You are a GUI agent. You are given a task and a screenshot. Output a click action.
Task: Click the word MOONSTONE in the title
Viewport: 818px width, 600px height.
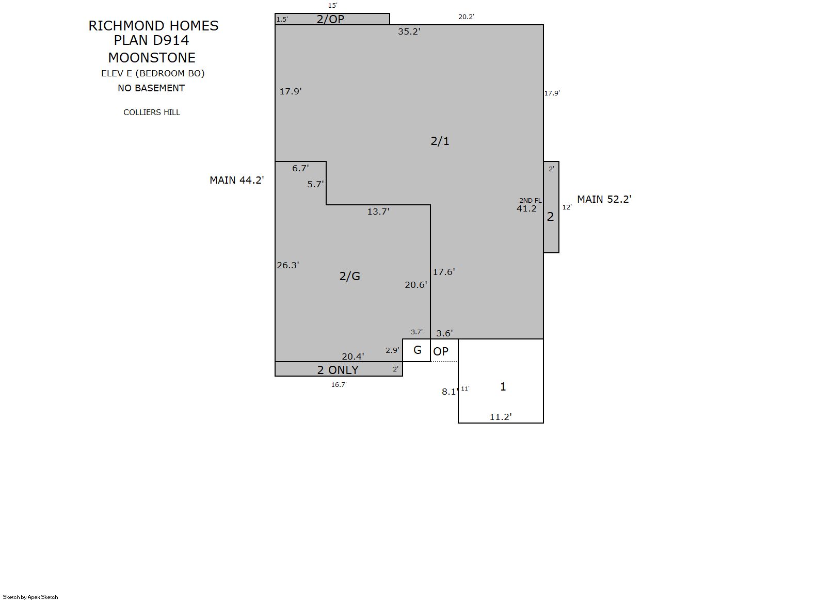click(152, 58)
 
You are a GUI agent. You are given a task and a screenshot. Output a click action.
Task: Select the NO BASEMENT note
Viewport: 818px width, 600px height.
click(151, 88)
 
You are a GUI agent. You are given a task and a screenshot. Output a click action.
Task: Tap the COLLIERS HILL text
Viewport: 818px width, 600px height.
click(152, 112)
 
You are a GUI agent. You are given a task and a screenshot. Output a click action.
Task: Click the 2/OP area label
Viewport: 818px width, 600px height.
click(330, 19)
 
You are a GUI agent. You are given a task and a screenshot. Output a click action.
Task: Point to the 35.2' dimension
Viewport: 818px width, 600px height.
click(409, 31)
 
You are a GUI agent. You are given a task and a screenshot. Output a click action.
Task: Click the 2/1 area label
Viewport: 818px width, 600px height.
click(440, 141)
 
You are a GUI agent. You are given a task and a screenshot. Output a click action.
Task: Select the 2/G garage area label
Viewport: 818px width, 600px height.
click(349, 276)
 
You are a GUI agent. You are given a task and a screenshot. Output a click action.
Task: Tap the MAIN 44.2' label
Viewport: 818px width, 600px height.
click(237, 180)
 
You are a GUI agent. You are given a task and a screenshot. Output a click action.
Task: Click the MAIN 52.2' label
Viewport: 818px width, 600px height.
click(604, 199)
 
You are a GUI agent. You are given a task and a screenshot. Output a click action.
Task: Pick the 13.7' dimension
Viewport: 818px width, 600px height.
click(378, 212)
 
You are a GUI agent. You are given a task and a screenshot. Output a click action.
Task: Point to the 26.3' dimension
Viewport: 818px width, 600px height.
click(288, 265)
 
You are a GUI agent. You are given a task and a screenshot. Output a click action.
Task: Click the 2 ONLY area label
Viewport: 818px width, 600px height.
click(338, 370)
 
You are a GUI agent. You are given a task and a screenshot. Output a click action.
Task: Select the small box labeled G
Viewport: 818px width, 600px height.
click(416, 350)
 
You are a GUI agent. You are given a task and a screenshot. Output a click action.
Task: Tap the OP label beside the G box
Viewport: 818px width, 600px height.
click(440, 351)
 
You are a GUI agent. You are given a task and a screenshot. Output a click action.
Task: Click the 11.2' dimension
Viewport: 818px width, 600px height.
click(500, 417)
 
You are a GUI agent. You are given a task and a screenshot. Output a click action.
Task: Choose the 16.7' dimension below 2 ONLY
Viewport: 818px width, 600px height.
click(339, 385)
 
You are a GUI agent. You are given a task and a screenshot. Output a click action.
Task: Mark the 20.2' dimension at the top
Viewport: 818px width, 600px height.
click(466, 17)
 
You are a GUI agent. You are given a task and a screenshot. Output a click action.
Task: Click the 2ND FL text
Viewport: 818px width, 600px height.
click(530, 201)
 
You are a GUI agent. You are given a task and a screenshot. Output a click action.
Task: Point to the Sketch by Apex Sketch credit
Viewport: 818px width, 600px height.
click(30, 597)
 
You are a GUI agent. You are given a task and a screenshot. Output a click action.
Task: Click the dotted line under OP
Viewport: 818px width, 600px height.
click(444, 362)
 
